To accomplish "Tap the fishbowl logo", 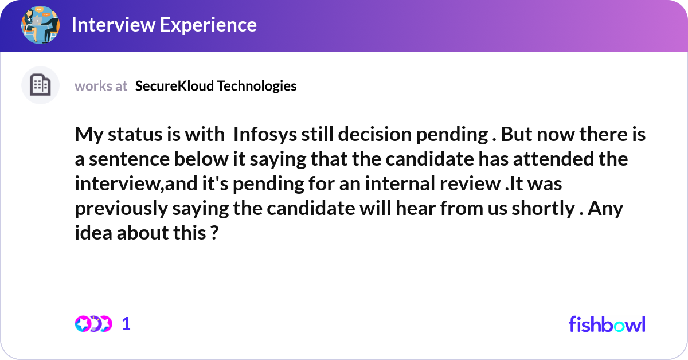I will (x=607, y=324).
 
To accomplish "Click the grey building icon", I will (x=40, y=85).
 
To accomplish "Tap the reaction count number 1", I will (x=127, y=324).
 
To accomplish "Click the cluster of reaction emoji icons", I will (x=93, y=324).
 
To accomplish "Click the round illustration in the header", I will (x=40, y=25).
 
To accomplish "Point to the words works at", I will (x=101, y=86).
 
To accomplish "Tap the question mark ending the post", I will (x=213, y=233).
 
